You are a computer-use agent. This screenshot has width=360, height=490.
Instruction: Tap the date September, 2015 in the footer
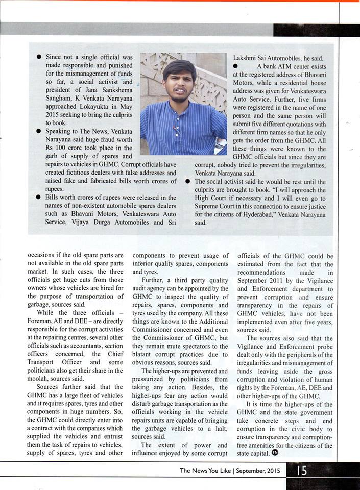click(259, 471)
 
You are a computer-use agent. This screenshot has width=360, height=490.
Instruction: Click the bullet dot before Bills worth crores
click(39, 197)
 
